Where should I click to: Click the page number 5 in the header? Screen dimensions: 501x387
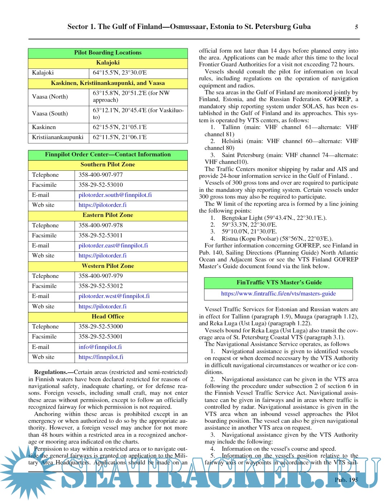pyautogui.click(x=356, y=27)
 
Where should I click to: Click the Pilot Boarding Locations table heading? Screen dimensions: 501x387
pyautogui.click(x=108, y=53)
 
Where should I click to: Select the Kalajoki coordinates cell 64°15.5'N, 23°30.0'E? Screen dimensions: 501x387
pyautogui.click(x=120, y=73)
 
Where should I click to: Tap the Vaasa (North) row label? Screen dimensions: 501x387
pyautogui.click(x=50, y=96)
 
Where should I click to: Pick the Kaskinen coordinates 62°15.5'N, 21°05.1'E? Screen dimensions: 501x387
pyautogui.click(x=120, y=127)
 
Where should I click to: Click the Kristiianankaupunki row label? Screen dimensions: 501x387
pyautogui.click(x=58, y=137)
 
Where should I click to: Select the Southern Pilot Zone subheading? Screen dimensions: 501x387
pyautogui.click(x=108, y=165)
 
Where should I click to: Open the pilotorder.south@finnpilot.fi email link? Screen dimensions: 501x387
pyautogui.click(x=115, y=195)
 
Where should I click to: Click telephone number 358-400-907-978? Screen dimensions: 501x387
pyautogui.click(x=101, y=226)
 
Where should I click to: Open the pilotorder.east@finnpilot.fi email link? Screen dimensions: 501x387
pyautogui.click(x=113, y=246)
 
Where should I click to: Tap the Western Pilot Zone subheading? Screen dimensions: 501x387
pyautogui.click(x=108, y=266)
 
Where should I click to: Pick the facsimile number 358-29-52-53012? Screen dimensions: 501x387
pyautogui.click(x=101, y=286)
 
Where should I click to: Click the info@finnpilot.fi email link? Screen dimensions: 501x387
pyautogui.click(x=100, y=347)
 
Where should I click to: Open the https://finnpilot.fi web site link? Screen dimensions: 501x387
pyautogui.click(x=101, y=357)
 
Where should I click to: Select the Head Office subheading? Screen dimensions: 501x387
pyautogui.click(x=108, y=317)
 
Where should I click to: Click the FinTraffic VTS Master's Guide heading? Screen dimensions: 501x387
pyautogui.click(x=279, y=283)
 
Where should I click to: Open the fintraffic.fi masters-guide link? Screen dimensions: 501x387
pyautogui.click(x=278, y=294)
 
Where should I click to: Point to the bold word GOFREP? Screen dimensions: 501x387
pyautogui.click(x=338, y=99)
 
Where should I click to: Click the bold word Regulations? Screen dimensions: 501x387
pyautogui.click(x=51, y=372)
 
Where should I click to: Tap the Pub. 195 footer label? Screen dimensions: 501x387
pyautogui.click(x=346, y=480)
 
